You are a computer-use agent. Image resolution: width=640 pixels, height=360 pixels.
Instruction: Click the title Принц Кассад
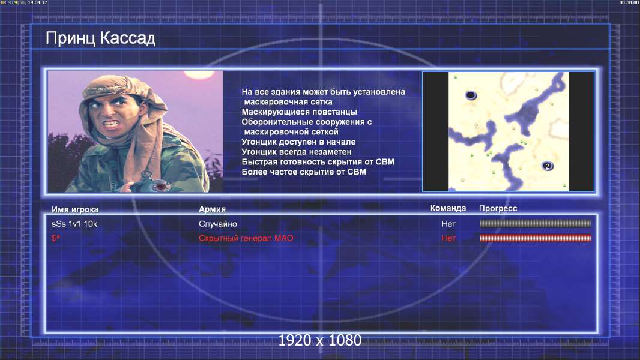click(x=100, y=38)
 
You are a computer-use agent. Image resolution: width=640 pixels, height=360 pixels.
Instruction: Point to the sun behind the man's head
click(x=199, y=74)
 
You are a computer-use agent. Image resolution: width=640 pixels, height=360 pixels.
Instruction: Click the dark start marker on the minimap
click(x=471, y=95)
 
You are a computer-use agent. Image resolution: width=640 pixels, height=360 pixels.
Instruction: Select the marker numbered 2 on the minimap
click(x=548, y=166)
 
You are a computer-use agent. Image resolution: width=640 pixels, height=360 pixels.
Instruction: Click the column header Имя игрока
click(x=74, y=209)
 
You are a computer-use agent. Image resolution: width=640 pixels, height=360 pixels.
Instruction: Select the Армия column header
click(x=213, y=209)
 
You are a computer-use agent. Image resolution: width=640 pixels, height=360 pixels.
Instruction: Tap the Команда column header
click(x=448, y=208)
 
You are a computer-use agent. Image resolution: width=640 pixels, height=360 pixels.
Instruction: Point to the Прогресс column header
click(x=498, y=208)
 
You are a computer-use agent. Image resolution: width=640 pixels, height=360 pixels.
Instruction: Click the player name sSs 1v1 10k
click(x=74, y=224)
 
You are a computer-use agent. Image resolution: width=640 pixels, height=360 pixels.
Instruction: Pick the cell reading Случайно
click(x=217, y=224)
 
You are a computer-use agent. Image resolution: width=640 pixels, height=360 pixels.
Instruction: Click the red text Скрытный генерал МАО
click(x=246, y=238)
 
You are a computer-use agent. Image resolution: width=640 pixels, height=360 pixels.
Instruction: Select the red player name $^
click(x=56, y=238)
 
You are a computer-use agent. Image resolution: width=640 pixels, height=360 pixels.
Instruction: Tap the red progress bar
click(x=536, y=238)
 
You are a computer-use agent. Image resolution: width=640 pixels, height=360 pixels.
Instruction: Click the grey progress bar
click(x=536, y=223)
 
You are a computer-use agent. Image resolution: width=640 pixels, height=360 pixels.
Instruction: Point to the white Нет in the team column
click(x=448, y=224)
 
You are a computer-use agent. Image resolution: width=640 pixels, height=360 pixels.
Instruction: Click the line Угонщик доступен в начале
click(x=298, y=142)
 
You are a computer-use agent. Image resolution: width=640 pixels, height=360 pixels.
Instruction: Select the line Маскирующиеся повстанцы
click(x=299, y=112)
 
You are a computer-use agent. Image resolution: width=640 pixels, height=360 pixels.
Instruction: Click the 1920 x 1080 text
click(x=320, y=340)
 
